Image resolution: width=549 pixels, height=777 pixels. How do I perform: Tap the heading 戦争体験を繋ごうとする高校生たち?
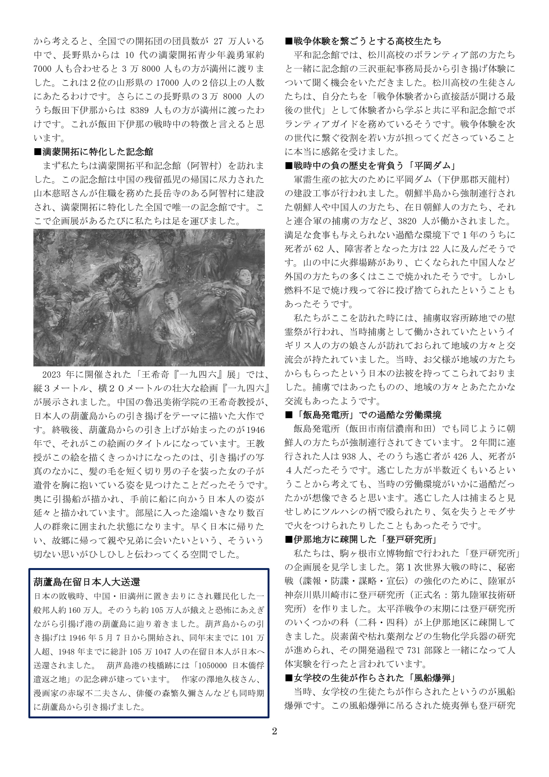pos(363,41)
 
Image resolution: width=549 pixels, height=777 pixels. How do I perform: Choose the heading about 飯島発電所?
pos(363,415)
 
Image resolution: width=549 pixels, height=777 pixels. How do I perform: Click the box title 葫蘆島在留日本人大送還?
pos(87,582)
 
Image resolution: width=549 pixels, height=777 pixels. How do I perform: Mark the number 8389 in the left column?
pos(139,110)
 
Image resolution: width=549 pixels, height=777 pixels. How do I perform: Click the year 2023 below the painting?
pos(52,374)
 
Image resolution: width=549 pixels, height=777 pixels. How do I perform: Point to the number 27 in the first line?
pos(218,41)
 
